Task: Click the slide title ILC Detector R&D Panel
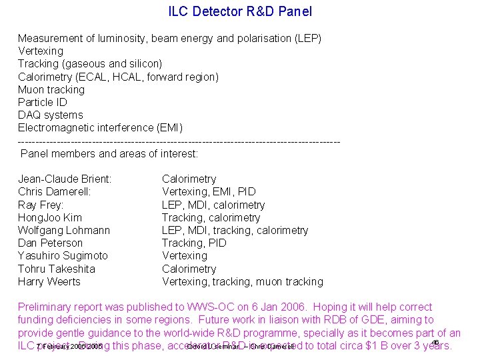tap(240, 11)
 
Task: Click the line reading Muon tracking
tap(51, 89)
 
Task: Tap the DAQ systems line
tap(51, 115)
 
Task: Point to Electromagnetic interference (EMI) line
tap(100, 127)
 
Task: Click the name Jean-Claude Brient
tap(65, 179)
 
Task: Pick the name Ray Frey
tap(41, 205)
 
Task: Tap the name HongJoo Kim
tap(50, 217)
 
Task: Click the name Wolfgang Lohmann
tap(64, 230)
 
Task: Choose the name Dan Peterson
tap(51, 243)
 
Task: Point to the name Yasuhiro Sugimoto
tap(63, 255)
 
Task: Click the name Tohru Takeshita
tap(57, 269)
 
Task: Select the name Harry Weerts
tap(49, 281)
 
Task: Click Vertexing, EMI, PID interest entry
tap(209, 191)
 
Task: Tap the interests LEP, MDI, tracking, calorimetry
tap(235, 230)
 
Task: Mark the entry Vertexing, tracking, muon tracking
tap(243, 281)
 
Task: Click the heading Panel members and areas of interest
tap(109, 153)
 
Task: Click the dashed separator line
tap(179, 141)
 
